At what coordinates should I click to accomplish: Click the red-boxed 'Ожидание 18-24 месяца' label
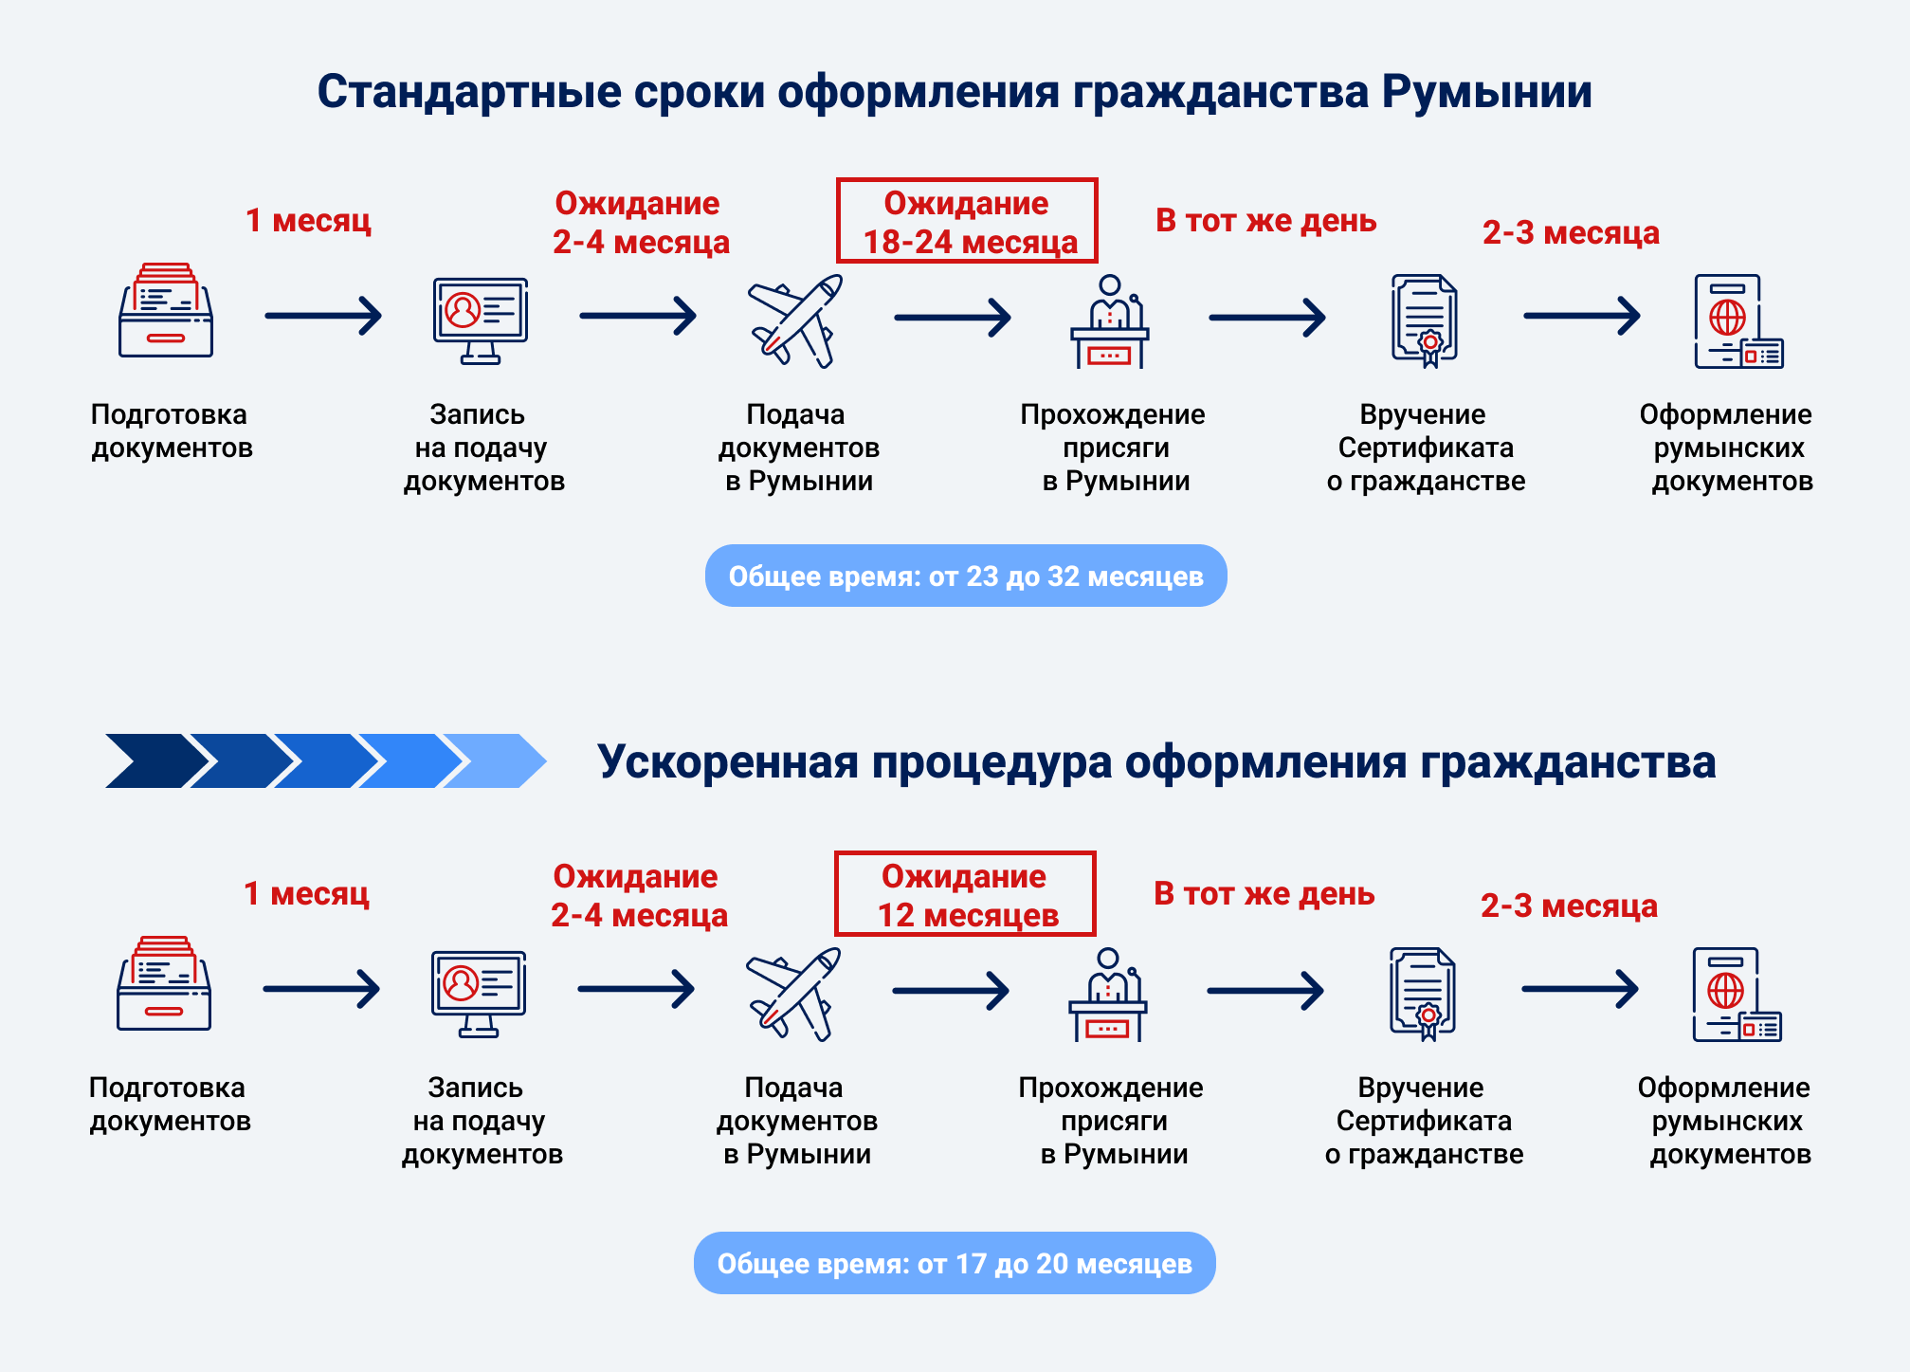(967, 221)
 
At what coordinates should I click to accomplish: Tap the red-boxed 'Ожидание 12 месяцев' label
(965, 894)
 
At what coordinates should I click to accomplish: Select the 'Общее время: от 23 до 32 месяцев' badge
(966, 576)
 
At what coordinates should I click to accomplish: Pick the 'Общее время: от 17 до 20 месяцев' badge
(955, 1263)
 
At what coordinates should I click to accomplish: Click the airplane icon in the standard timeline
(794, 320)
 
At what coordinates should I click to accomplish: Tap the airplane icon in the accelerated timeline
(792, 994)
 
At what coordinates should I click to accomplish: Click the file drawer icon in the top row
(166, 311)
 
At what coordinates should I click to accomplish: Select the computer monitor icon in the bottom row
(479, 993)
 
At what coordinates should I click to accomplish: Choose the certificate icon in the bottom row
(1423, 993)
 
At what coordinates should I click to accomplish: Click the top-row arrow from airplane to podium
(953, 318)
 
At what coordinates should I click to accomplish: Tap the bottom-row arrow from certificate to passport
(1580, 989)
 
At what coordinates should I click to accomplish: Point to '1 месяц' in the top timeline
(308, 220)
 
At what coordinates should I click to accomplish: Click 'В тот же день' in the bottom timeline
(1264, 893)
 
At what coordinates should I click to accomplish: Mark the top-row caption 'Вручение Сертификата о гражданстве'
(1425, 448)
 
